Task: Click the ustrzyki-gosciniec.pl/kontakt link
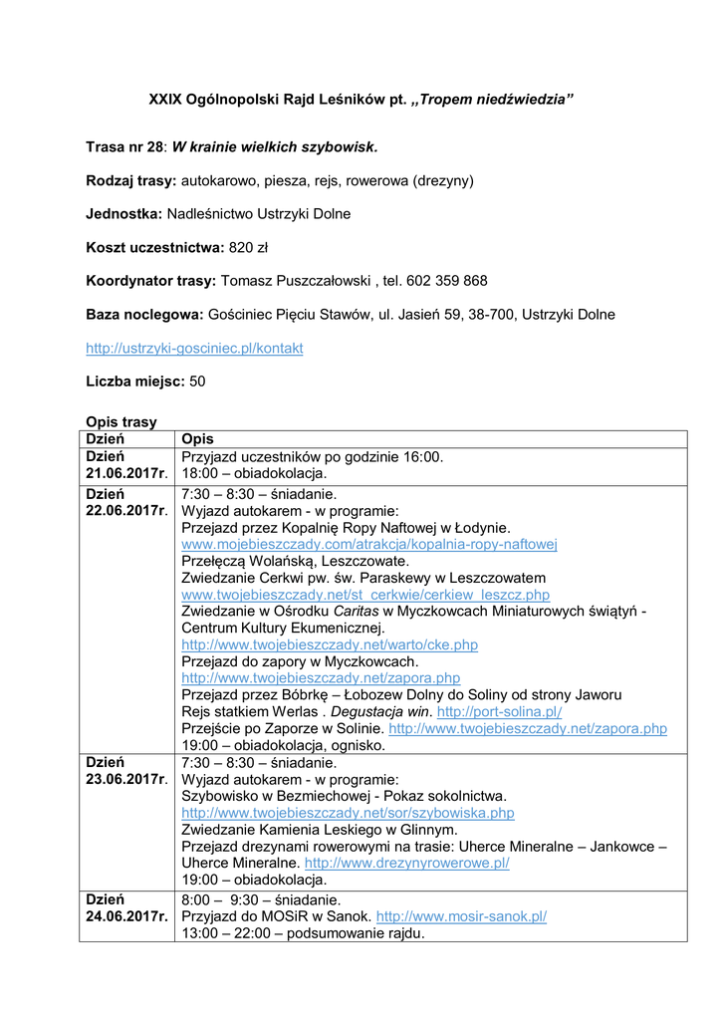tap(194, 348)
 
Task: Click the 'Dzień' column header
tap(105, 439)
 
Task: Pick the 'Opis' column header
tap(197, 439)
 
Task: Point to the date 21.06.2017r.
tap(126, 474)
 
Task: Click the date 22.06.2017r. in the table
tap(126, 511)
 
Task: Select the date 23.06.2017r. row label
tap(126, 779)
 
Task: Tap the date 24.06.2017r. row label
tap(126, 916)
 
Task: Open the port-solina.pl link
tap(500, 711)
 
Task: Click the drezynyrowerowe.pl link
tap(406, 863)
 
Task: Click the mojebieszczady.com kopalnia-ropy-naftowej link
tap(368, 544)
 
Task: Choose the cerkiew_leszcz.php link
tap(365, 594)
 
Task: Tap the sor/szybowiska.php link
tap(348, 813)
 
